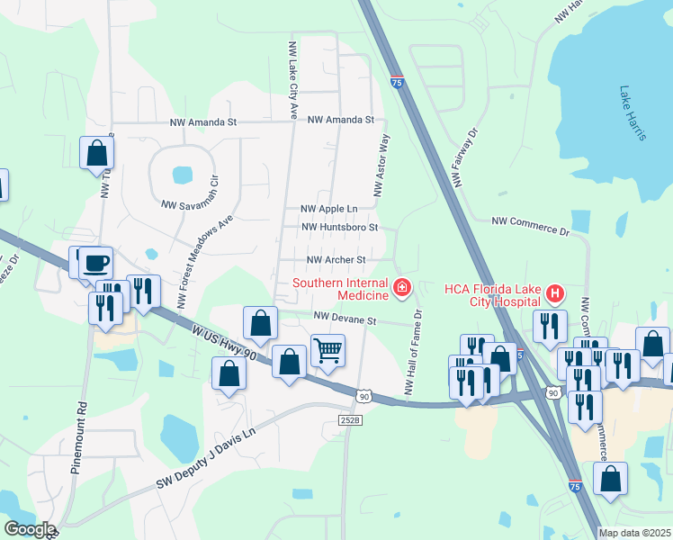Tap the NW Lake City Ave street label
coord(292,79)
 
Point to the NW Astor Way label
coord(381,166)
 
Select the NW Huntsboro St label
coord(338,228)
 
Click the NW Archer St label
coord(336,259)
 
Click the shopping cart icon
coord(328,349)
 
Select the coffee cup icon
coord(96,263)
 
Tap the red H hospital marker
coord(555,293)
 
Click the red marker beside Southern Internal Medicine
coord(402,289)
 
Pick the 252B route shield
coord(351,420)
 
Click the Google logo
coord(29,530)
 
